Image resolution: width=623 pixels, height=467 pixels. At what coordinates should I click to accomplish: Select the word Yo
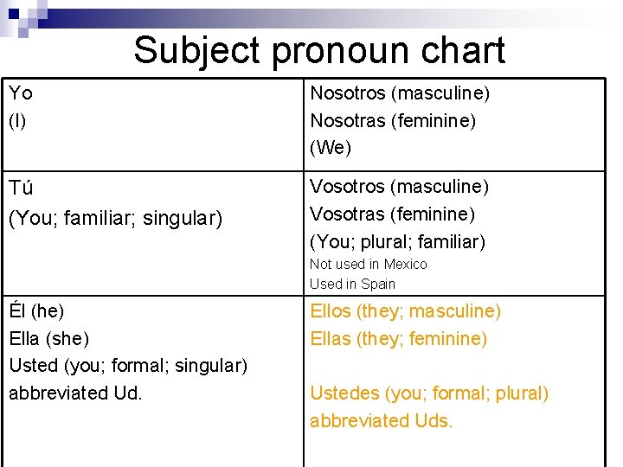click(21, 93)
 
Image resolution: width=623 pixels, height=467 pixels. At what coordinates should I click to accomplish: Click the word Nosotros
click(347, 93)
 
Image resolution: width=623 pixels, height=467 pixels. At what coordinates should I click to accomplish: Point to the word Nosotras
click(347, 120)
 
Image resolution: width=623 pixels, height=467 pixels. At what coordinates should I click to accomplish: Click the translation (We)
click(331, 148)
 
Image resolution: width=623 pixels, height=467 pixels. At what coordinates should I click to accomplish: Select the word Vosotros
click(347, 186)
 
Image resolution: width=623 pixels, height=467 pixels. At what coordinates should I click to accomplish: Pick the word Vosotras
click(347, 214)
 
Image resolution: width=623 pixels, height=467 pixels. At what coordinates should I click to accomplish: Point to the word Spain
click(377, 284)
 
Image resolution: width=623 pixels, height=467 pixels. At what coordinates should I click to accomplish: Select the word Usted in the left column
click(33, 366)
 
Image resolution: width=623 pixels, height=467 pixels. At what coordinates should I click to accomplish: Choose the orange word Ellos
click(331, 310)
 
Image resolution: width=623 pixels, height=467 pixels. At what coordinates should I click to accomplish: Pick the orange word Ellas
click(331, 338)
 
